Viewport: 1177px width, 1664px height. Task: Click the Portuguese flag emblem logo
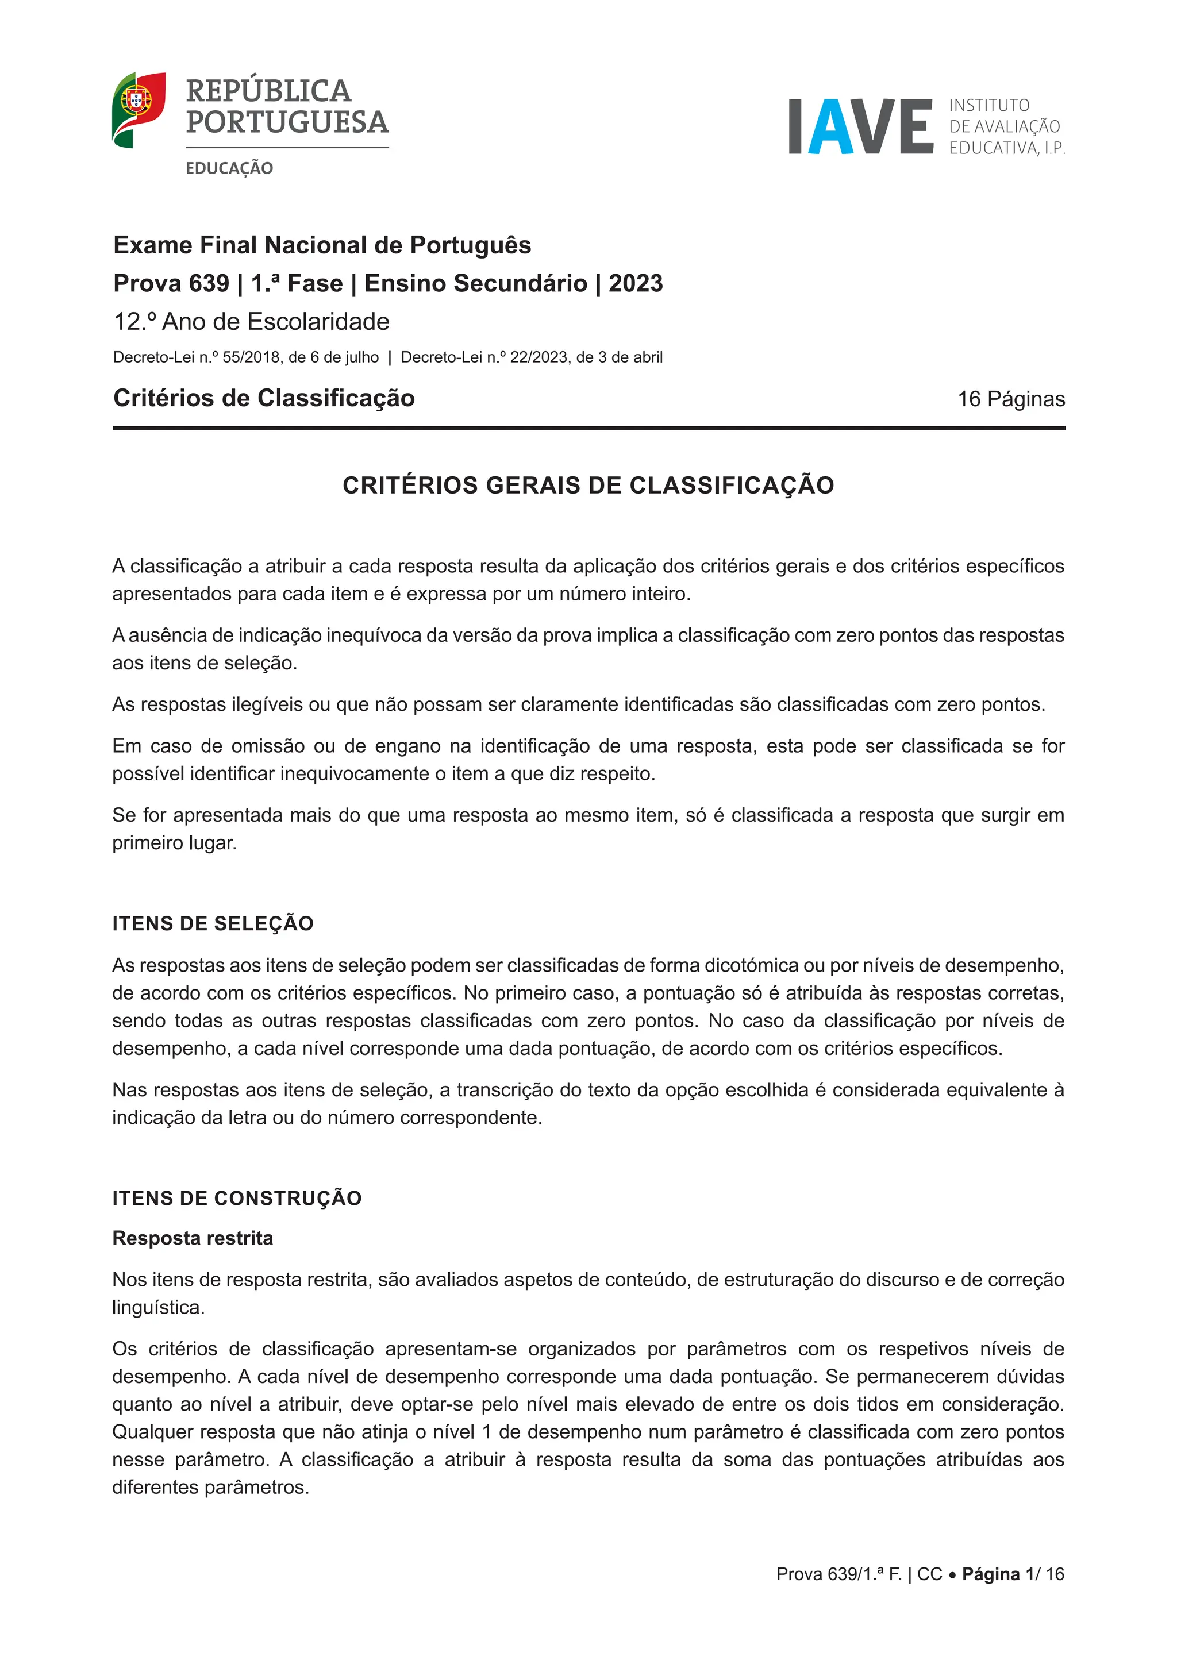point(139,109)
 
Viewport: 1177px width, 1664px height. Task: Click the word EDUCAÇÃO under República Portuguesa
point(229,168)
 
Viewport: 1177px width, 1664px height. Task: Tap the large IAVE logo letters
point(860,127)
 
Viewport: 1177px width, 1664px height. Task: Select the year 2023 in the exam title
point(635,283)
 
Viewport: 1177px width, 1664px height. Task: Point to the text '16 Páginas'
point(1011,399)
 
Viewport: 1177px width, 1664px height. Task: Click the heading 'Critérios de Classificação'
point(264,398)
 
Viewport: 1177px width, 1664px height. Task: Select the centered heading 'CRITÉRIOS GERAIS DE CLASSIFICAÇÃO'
point(588,485)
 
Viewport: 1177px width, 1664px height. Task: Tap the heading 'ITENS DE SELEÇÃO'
point(212,923)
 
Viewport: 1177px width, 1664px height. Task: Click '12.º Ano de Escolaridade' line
point(252,322)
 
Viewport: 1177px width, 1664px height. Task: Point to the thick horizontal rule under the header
point(588,427)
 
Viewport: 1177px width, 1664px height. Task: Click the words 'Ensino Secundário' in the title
point(475,283)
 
